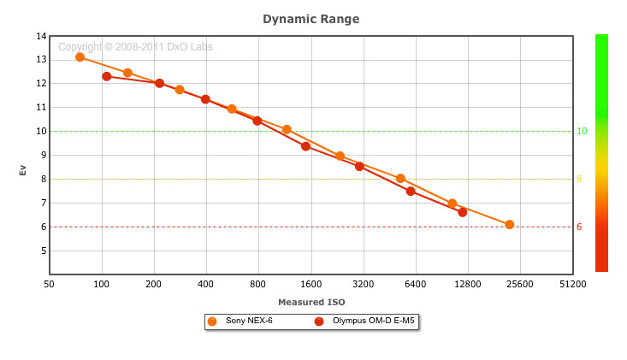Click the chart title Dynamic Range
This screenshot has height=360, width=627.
pyautogui.click(x=311, y=18)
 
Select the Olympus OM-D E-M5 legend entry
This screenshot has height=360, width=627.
pyautogui.click(x=364, y=322)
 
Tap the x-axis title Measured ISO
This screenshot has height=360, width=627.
pyautogui.click(x=311, y=302)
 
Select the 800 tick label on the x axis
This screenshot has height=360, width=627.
pyautogui.click(x=258, y=284)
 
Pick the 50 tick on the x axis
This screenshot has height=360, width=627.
pyautogui.click(x=50, y=284)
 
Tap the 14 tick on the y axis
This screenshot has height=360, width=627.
pyautogui.click(x=41, y=36)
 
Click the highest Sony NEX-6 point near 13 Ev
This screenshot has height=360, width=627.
pyautogui.click(x=80, y=57)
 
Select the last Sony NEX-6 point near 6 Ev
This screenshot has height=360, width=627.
pyautogui.click(x=510, y=225)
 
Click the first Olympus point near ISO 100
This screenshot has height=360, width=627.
pyautogui.click(x=107, y=77)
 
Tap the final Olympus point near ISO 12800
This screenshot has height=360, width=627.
pyautogui.click(x=463, y=212)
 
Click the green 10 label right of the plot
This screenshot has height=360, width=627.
pyautogui.click(x=581, y=132)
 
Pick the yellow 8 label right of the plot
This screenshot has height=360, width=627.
pyautogui.click(x=579, y=180)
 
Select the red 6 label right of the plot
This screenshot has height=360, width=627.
pyautogui.click(x=579, y=227)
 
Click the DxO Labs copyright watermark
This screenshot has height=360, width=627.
pyautogui.click(x=135, y=47)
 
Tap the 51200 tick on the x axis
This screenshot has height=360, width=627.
pyautogui.click(x=572, y=284)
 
